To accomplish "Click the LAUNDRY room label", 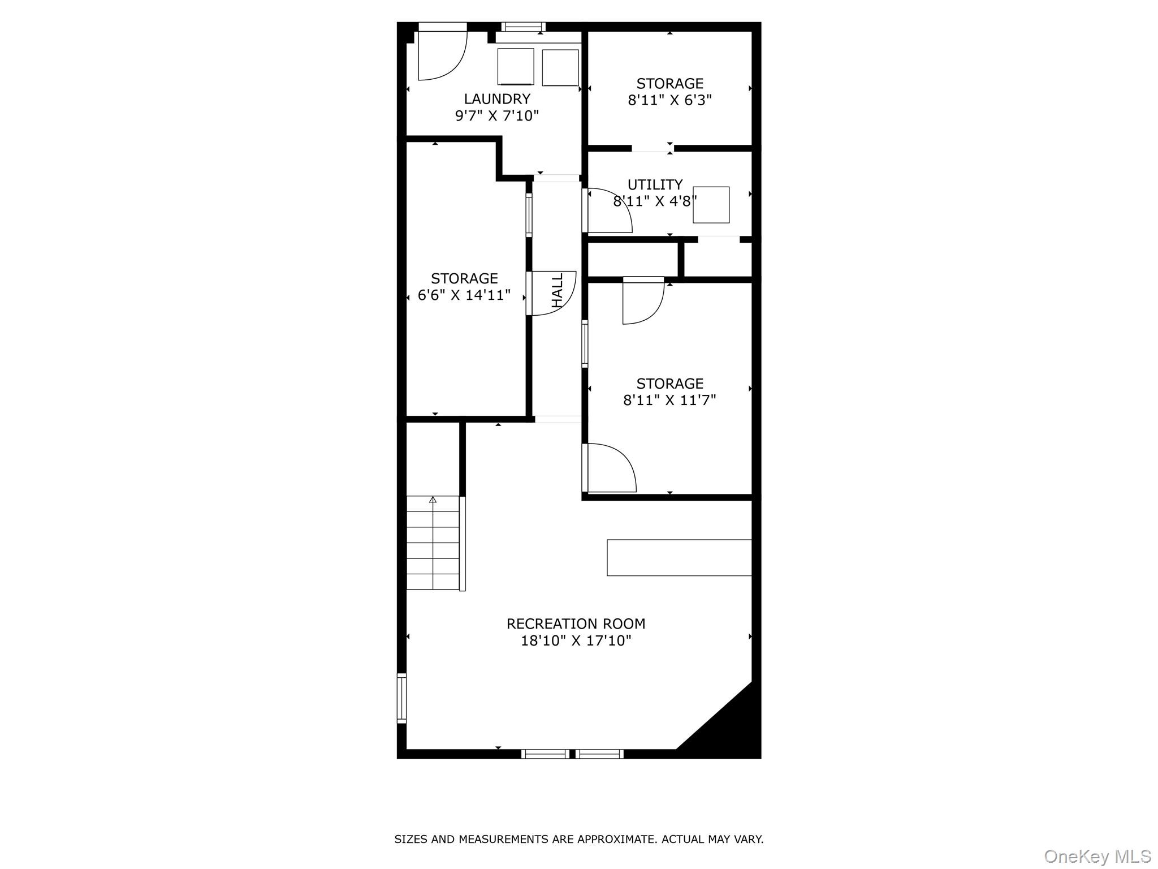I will [497, 99].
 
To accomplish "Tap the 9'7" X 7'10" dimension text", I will [497, 116].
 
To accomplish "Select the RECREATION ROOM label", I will [576, 623].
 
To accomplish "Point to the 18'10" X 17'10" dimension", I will [576, 640].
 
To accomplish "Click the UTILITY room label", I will [655, 184].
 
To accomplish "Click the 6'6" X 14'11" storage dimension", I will [464, 295].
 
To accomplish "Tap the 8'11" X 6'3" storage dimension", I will [669, 100].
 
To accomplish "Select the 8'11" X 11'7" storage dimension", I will [669, 400].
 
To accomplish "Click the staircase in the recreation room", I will [433, 543].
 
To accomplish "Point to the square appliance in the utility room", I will [711, 205].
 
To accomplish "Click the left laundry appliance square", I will [515, 67].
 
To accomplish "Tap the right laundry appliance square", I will [560, 67].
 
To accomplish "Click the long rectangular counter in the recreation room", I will [679, 557].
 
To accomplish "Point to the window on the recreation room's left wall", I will [401, 698].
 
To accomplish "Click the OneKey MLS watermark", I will [1097, 856].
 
